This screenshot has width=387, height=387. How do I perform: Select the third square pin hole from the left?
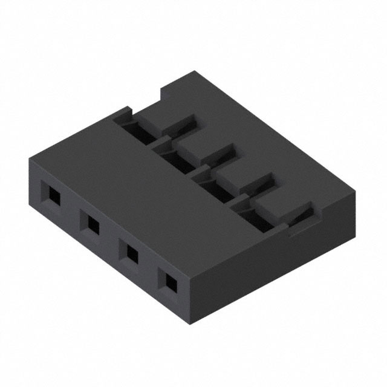tap(130, 253)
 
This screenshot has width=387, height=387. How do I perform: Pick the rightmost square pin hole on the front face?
tap(168, 281)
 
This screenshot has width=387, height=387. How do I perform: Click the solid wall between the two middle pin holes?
tap(111, 239)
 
